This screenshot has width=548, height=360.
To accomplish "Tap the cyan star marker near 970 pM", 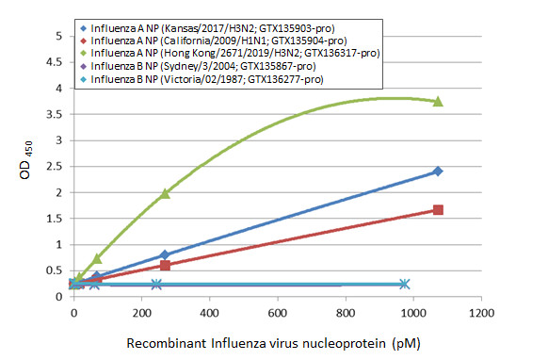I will (x=404, y=284).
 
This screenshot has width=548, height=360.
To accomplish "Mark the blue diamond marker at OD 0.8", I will (x=165, y=255).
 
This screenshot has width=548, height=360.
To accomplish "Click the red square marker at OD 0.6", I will (x=165, y=266).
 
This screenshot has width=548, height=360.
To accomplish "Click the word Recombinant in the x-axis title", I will (x=165, y=343).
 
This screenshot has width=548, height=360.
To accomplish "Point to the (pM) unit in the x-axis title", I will (x=424, y=343).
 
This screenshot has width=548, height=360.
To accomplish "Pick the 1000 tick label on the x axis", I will (x=413, y=312).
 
